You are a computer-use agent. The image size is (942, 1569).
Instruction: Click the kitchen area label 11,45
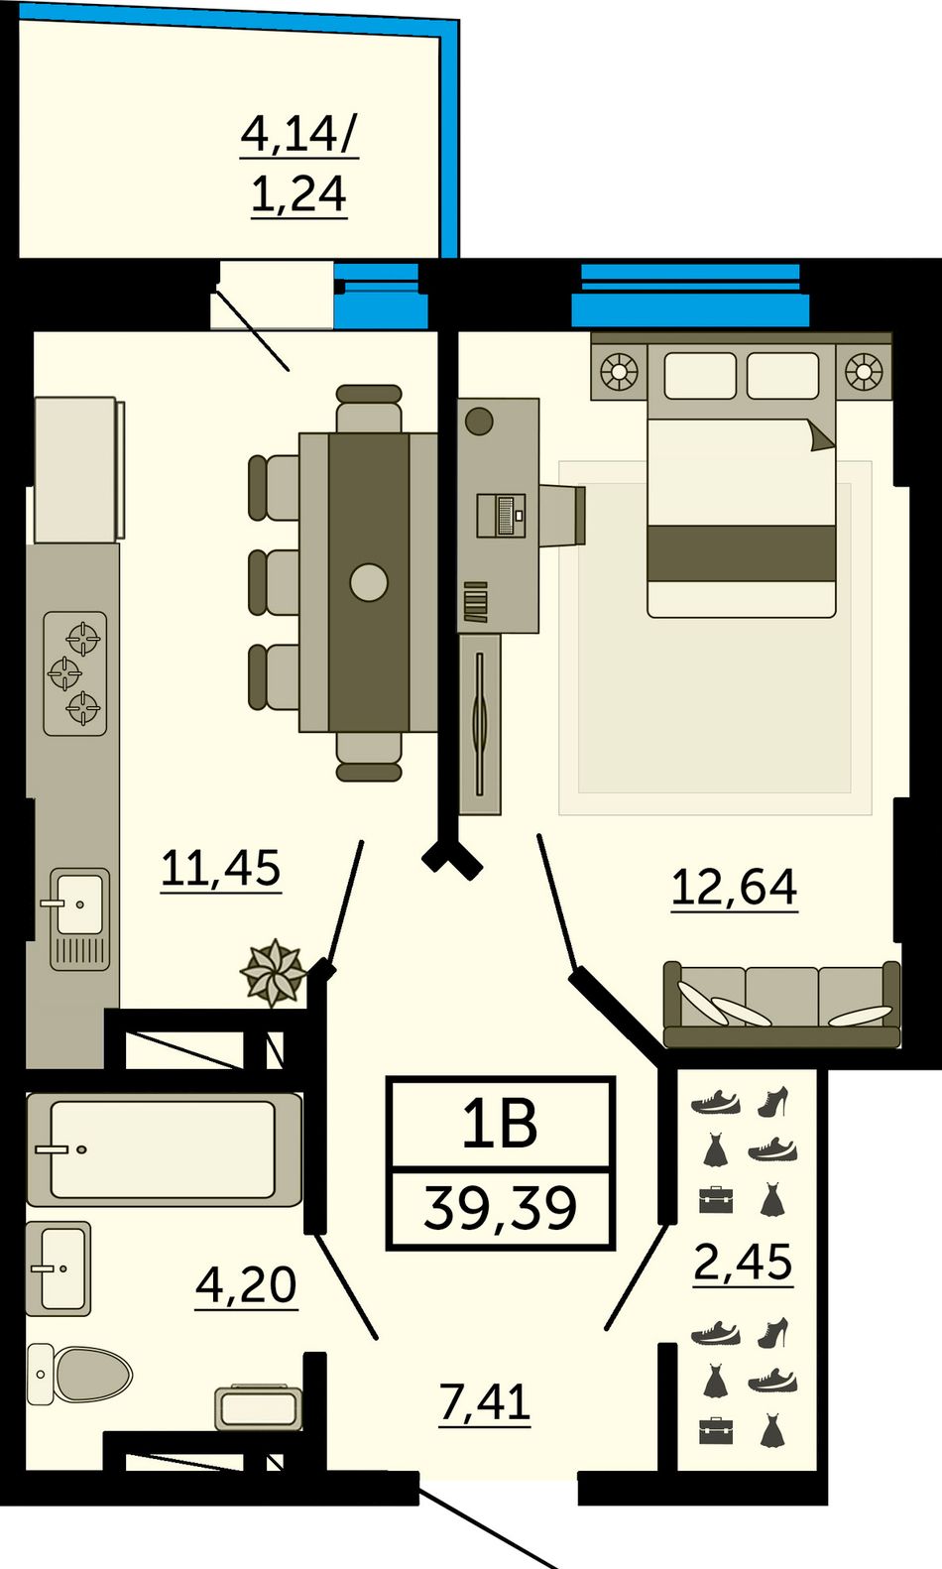pos(220,869)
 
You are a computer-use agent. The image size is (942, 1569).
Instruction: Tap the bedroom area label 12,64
pos(734,888)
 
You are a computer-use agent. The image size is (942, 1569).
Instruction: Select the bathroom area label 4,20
pos(246,1285)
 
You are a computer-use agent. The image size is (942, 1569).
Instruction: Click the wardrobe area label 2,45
pos(743,1262)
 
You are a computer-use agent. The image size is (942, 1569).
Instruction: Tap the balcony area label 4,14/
pos(299,134)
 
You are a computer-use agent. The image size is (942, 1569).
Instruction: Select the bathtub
pos(165,1148)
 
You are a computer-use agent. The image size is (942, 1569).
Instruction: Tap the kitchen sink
pos(80,919)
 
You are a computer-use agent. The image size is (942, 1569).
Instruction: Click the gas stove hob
pos(75,673)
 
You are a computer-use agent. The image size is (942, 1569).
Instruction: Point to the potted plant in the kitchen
pos(273,973)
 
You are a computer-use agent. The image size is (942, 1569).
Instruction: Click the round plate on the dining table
pos(369,582)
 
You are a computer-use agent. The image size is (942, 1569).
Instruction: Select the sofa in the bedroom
pos(781,1005)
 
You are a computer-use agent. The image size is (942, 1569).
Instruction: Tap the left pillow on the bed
pos(700,376)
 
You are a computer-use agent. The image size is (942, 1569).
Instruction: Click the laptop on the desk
pos(502,516)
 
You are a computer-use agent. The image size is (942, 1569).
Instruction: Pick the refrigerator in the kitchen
pos(78,470)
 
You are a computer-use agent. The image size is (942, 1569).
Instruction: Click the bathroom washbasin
pos(59,1268)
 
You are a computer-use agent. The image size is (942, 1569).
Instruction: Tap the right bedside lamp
pos(863,371)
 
